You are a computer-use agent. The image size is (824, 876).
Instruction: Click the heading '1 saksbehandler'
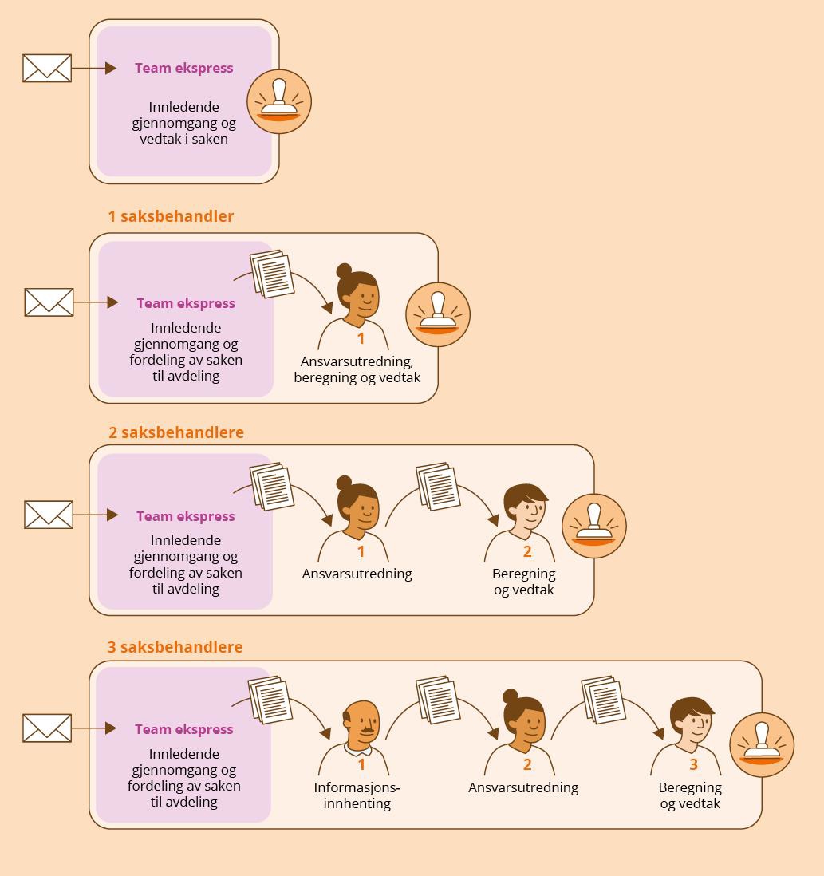click(x=171, y=216)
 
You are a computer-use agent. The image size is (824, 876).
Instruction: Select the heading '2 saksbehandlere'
click(x=176, y=432)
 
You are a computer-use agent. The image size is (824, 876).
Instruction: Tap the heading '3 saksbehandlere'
click(x=175, y=647)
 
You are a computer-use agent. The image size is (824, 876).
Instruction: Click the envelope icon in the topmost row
click(x=47, y=69)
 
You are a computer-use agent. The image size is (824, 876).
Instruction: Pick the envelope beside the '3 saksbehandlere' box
click(x=47, y=728)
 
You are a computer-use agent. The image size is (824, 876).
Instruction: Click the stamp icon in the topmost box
click(x=279, y=101)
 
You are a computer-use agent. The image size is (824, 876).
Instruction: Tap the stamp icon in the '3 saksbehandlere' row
click(x=762, y=744)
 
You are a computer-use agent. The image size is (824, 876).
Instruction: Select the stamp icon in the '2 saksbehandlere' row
click(x=594, y=526)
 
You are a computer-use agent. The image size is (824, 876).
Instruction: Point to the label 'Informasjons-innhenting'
click(x=357, y=795)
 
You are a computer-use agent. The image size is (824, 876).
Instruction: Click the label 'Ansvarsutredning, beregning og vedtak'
click(x=357, y=369)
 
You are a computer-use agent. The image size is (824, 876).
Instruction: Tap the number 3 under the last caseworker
click(x=693, y=764)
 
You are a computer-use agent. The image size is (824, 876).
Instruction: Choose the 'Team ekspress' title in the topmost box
click(x=184, y=69)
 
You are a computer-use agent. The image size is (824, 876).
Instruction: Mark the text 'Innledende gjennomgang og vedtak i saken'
click(x=184, y=123)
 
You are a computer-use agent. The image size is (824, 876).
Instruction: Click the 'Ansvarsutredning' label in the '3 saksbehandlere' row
click(x=523, y=787)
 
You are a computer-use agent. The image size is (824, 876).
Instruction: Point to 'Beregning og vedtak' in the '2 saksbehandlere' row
click(x=523, y=582)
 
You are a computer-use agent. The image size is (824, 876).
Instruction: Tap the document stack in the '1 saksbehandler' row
click(x=272, y=274)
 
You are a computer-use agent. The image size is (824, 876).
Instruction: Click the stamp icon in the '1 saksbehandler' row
click(x=438, y=314)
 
